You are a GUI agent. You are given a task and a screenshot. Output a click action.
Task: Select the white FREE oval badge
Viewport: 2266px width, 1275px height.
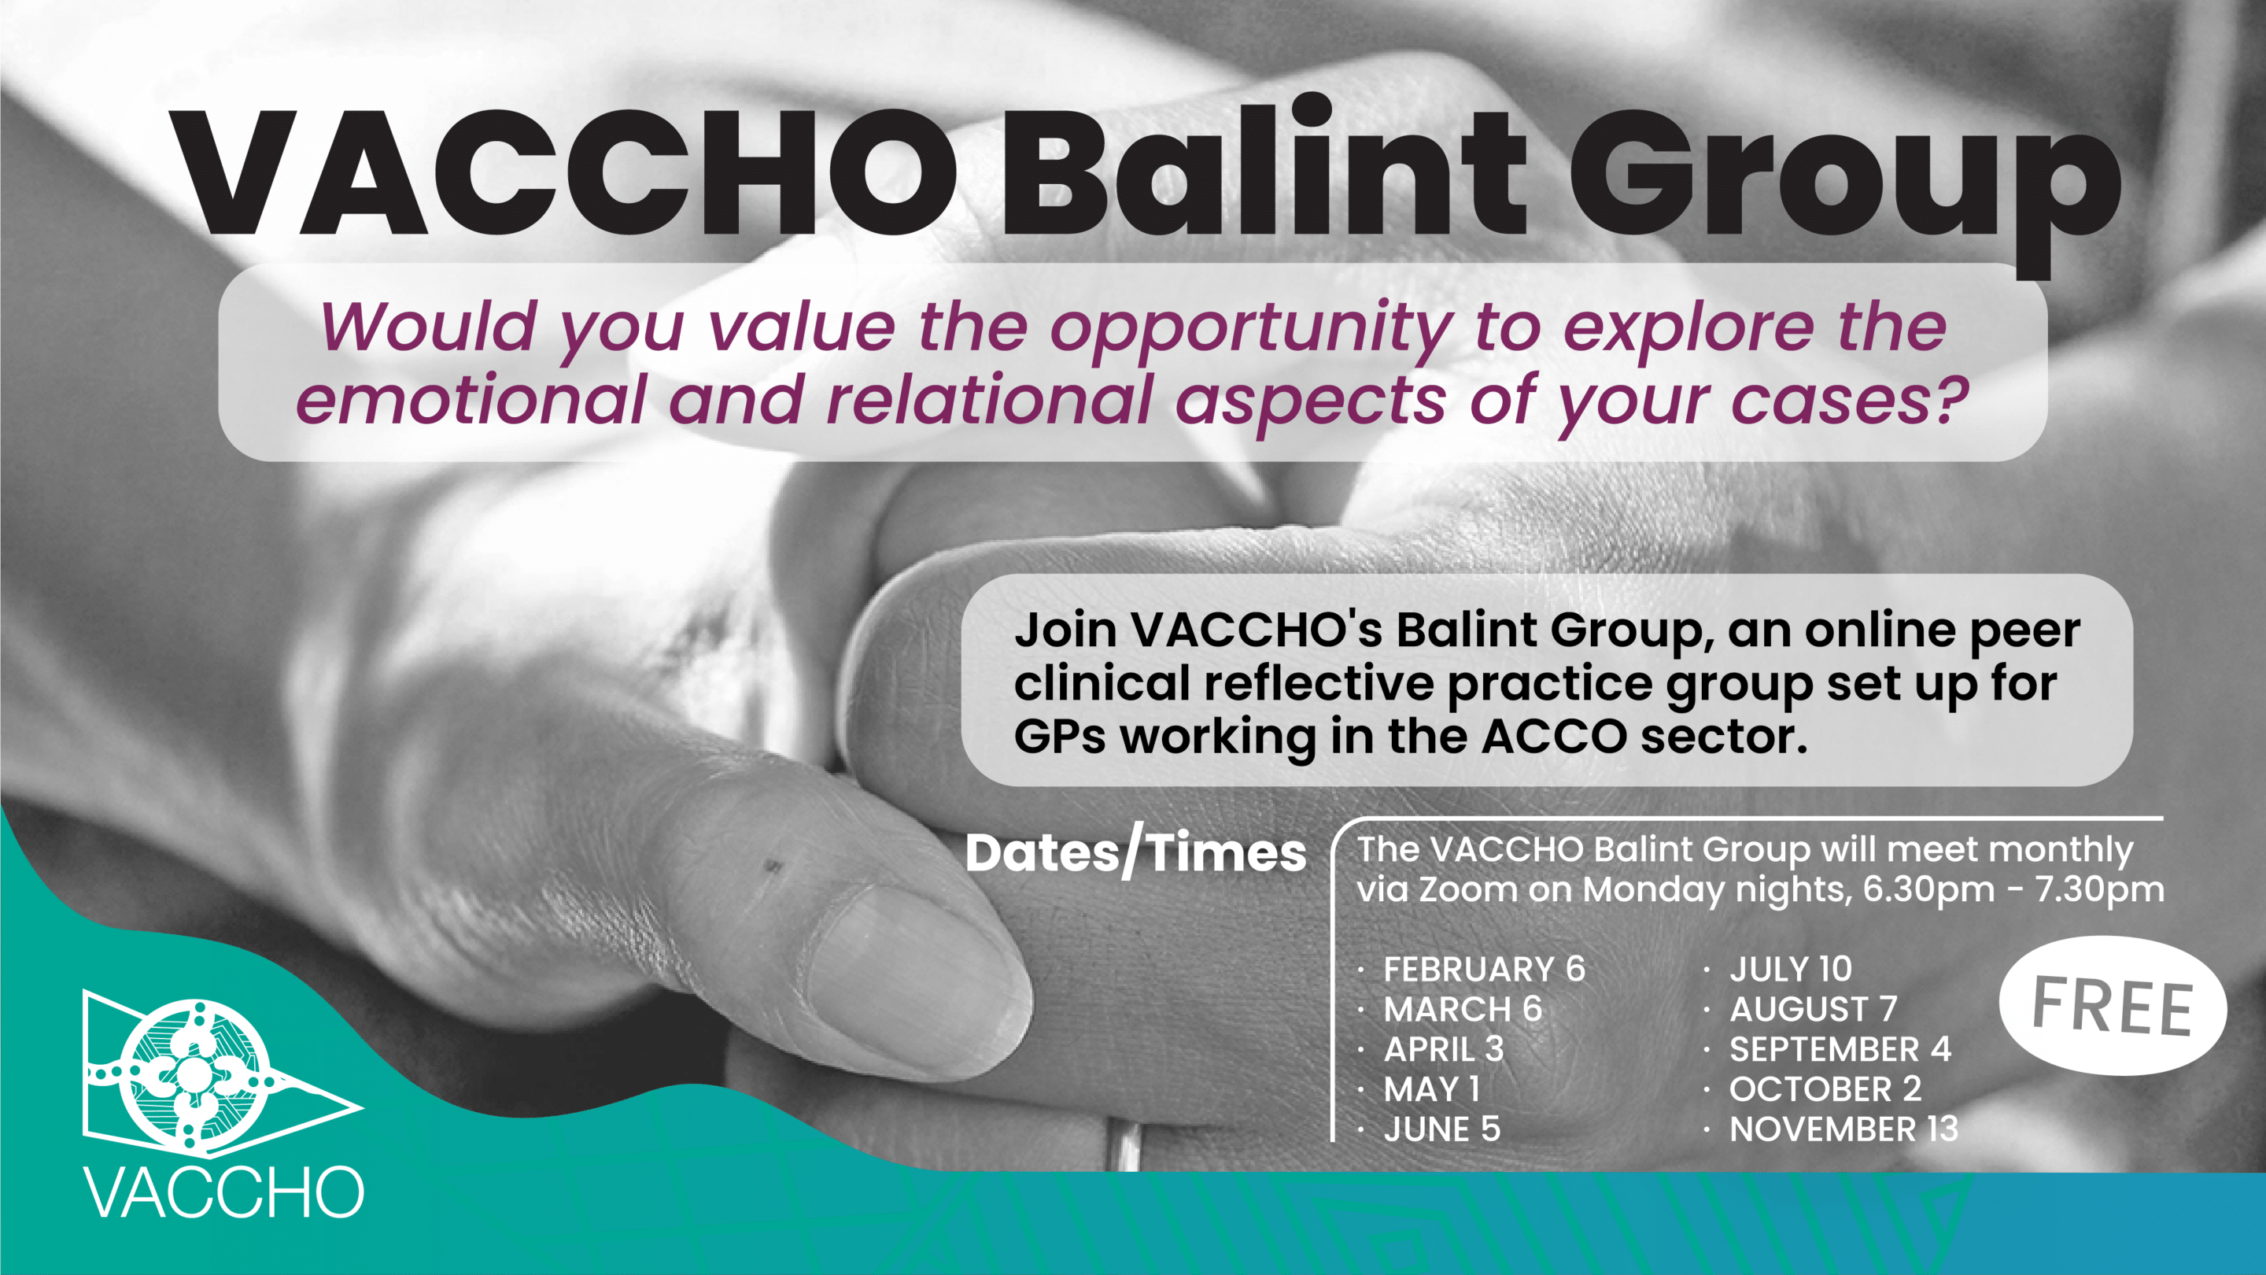[2113, 1006]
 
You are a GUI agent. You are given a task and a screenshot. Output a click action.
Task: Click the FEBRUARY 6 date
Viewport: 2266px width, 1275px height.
[1484, 969]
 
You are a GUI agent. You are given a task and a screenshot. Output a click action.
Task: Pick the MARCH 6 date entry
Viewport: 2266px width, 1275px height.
[1463, 1009]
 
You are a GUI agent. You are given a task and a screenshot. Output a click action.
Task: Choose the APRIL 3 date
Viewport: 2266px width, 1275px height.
[1444, 1050]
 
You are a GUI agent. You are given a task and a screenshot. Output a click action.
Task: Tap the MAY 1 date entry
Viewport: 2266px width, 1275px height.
[1431, 1089]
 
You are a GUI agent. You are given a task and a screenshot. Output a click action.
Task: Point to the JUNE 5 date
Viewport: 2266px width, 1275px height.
[1441, 1129]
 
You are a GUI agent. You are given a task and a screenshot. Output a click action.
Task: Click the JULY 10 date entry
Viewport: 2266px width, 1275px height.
[1790, 969]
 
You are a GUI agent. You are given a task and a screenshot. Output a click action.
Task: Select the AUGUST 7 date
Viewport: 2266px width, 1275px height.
[1813, 1009]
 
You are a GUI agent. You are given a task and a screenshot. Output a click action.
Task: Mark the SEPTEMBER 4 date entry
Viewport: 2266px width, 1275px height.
[1840, 1050]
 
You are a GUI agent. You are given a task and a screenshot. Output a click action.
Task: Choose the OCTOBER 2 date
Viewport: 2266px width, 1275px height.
[1825, 1089]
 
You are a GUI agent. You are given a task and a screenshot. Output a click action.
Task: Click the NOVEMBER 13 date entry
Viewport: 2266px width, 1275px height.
[1843, 1129]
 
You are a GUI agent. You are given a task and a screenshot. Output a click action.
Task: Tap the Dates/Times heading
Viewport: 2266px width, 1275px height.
[1135, 853]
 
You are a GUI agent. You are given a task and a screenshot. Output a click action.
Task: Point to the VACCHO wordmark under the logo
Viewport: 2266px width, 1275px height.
[223, 1193]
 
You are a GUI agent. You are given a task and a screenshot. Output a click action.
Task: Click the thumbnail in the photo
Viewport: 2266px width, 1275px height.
[915, 972]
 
